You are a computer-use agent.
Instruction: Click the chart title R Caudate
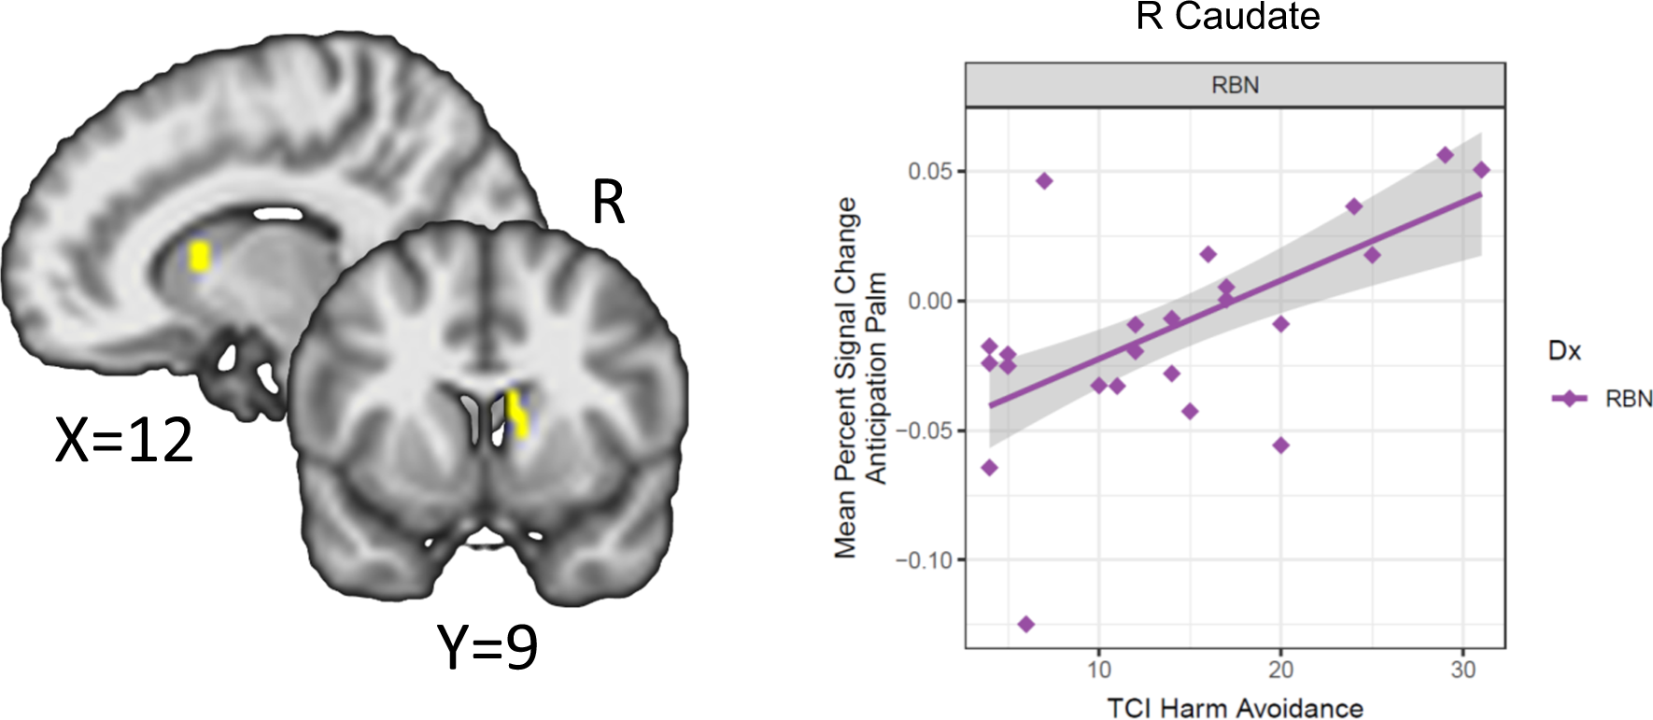(x=1227, y=17)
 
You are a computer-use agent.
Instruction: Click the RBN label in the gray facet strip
(x=1235, y=85)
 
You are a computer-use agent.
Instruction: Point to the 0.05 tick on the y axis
(x=930, y=172)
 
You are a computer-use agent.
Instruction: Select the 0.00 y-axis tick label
(x=930, y=302)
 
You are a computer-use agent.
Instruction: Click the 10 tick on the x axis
(x=1099, y=670)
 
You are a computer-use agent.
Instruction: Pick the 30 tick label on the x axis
(x=1462, y=670)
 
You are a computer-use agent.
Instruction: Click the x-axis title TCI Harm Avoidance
(x=1235, y=708)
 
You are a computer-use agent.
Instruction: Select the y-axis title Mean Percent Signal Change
(x=845, y=378)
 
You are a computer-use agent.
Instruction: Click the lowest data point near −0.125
(x=1026, y=624)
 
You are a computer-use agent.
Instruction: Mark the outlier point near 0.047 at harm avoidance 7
(x=1044, y=181)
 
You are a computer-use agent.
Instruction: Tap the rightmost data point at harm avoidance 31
(x=1481, y=170)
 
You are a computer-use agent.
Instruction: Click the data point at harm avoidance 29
(x=1445, y=155)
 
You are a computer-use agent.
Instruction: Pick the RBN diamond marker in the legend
(x=1570, y=399)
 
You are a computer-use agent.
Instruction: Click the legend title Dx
(x=1564, y=351)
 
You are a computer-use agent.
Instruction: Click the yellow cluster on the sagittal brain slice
(x=199, y=256)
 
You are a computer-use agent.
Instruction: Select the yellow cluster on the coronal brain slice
(x=516, y=414)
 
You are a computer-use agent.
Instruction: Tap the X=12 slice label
(x=124, y=440)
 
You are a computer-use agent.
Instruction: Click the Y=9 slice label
(x=487, y=646)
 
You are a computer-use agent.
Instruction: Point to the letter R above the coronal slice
(x=608, y=202)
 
